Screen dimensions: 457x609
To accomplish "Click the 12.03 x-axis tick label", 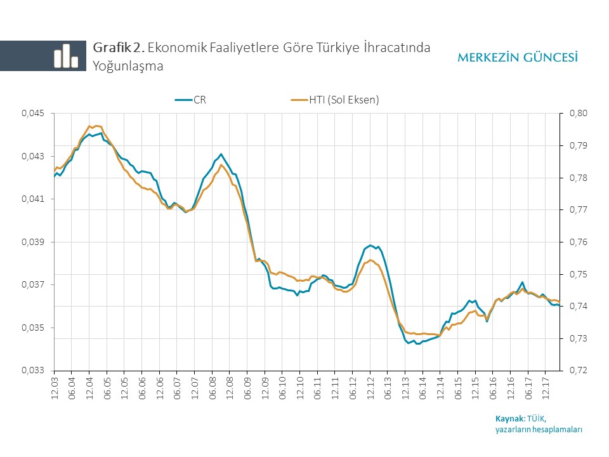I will click(x=55, y=388).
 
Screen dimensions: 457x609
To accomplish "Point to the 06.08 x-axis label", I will click(x=213, y=388).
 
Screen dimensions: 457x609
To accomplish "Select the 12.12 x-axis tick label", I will click(x=370, y=388).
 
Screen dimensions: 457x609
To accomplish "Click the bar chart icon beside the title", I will click(x=65, y=56).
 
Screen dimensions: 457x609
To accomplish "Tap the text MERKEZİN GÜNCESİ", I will click(x=517, y=58).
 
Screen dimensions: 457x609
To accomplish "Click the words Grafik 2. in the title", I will click(x=119, y=47).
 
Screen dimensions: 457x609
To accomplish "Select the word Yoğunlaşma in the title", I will click(x=128, y=65).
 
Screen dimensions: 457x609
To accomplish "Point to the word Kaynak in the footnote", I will click(x=510, y=418).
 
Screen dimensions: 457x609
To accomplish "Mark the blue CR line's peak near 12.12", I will click(x=370, y=245).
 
